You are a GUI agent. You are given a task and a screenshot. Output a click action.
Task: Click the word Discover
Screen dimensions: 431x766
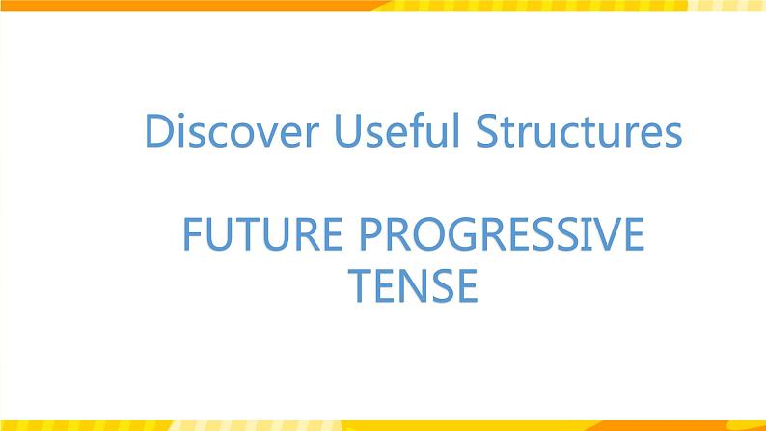coord(229,132)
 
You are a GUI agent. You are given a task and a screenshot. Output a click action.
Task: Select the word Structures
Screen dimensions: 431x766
coord(578,132)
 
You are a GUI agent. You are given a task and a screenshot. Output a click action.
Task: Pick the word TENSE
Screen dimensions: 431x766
coord(413,285)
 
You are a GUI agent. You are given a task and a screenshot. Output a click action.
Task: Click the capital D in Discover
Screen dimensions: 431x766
coord(157,132)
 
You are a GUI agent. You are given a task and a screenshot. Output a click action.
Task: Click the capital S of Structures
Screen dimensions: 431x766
coord(486,132)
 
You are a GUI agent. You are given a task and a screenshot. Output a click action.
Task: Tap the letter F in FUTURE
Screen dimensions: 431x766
coord(191,235)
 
